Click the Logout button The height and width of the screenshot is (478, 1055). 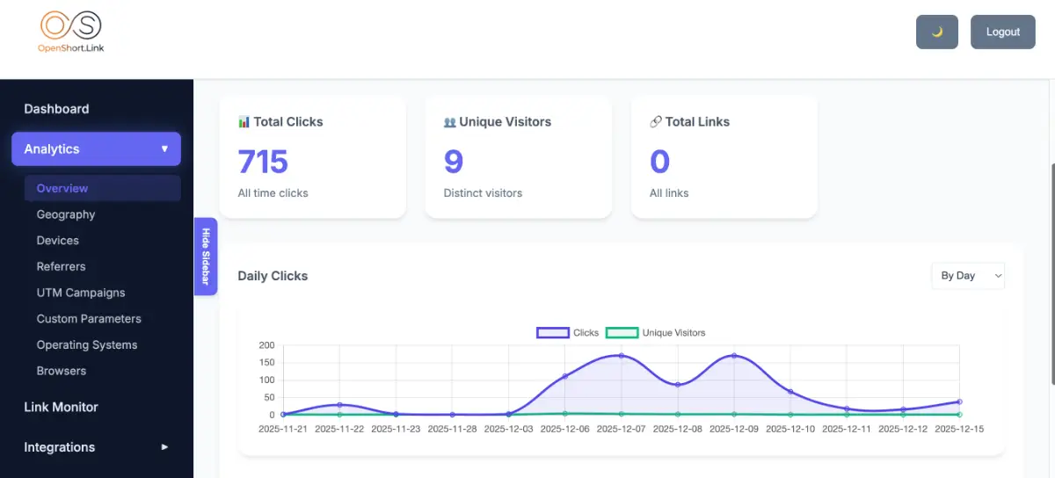[x=1002, y=32]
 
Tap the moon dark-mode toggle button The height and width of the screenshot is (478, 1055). [x=936, y=32]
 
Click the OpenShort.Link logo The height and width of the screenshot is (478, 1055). [x=71, y=33]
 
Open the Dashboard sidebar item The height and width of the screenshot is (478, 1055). [x=56, y=109]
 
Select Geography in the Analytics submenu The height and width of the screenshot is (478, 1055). [x=66, y=214]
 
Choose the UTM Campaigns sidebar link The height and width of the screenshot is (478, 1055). [x=81, y=293]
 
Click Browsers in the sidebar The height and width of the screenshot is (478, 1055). [x=62, y=371]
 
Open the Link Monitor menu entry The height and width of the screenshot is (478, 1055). [x=61, y=407]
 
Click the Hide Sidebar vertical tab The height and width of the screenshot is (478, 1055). [x=206, y=257]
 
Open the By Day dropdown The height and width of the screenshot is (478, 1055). [x=967, y=276]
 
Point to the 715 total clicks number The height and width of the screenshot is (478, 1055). [x=263, y=162]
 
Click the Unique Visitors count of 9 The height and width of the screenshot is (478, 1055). [x=454, y=162]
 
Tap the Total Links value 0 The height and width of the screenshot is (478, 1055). [x=659, y=162]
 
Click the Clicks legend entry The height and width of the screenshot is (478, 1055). [x=568, y=333]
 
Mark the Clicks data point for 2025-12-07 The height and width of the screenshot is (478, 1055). [x=622, y=356]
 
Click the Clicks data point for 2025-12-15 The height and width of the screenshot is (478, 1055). [x=959, y=402]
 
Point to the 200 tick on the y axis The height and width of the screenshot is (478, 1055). [x=266, y=345]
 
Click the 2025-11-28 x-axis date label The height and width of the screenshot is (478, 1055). [x=452, y=429]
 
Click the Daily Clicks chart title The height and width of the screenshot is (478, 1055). [x=273, y=276]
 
